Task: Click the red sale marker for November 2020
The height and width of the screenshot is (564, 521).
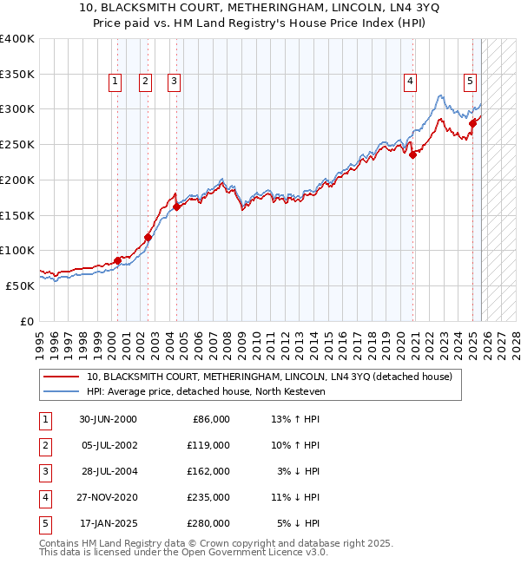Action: (413, 155)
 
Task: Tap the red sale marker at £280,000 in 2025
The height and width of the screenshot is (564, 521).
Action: (473, 123)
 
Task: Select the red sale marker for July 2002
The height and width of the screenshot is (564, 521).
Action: (148, 237)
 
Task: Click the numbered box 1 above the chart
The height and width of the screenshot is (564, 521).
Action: (115, 82)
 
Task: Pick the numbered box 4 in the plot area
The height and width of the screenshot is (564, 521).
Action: (409, 82)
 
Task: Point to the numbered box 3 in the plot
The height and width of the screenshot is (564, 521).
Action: (174, 82)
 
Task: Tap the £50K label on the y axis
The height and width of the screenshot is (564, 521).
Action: (20, 285)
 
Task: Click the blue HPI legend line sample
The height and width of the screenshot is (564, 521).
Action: (63, 391)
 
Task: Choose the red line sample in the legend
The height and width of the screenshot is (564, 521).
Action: (63, 377)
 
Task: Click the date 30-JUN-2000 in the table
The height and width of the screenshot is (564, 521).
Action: (107, 419)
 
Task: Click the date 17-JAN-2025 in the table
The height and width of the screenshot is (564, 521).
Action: (107, 523)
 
